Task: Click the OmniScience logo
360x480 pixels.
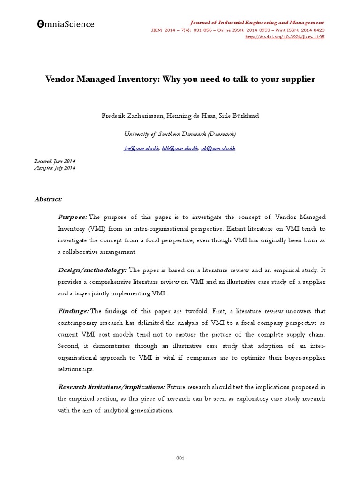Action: click(x=63, y=24)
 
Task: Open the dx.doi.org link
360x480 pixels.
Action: click(x=285, y=37)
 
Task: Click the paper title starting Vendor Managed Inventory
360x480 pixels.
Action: click(x=180, y=79)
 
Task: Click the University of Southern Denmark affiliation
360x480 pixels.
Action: click(x=180, y=134)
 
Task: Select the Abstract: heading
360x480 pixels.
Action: click(x=48, y=199)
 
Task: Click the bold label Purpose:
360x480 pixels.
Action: click(x=72, y=217)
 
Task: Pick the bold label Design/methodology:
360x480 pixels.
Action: click(x=92, y=270)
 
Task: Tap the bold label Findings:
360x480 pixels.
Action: click(x=73, y=311)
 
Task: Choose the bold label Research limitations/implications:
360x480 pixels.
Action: click(x=111, y=387)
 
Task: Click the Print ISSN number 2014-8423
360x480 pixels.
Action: click(x=311, y=30)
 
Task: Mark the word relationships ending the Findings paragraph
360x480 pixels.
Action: click(x=75, y=369)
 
